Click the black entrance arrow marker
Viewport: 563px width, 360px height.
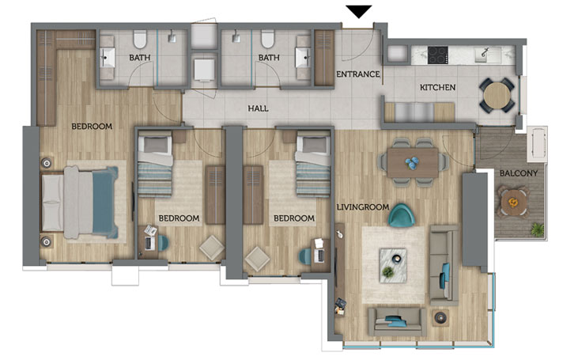(359, 11)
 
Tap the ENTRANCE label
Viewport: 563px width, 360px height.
(358, 74)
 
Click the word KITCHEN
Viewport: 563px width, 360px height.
(438, 87)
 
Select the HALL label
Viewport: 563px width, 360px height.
(258, 108)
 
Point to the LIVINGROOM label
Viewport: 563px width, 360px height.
(363, 207)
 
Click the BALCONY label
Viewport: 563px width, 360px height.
(519, 173)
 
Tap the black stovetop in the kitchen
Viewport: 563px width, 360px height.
(438, 55)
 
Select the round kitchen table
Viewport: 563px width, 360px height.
(497, 95)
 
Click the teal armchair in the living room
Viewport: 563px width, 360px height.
(402, 215)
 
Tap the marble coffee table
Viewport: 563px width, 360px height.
(393, 266)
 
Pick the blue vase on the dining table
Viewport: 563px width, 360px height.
(412, 163)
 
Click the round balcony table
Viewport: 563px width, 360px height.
(513, 203)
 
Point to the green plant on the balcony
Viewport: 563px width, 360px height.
(537, 229)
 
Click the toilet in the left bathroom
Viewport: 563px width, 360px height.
(140, 39)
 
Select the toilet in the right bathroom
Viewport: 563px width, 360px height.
(267, 39)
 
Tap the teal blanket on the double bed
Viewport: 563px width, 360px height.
(105, 203)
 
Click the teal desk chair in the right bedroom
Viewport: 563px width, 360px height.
(304, 257)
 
